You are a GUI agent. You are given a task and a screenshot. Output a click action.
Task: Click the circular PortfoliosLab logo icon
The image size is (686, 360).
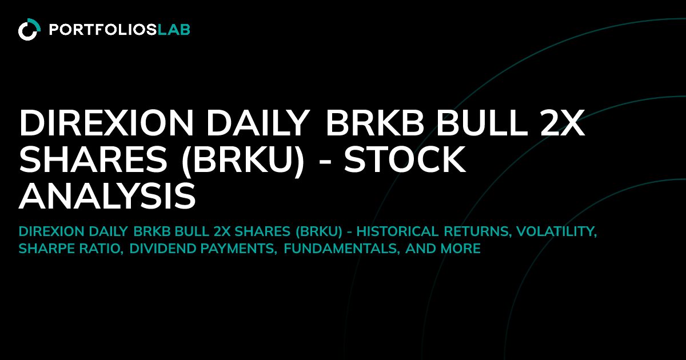click(29, 30)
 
